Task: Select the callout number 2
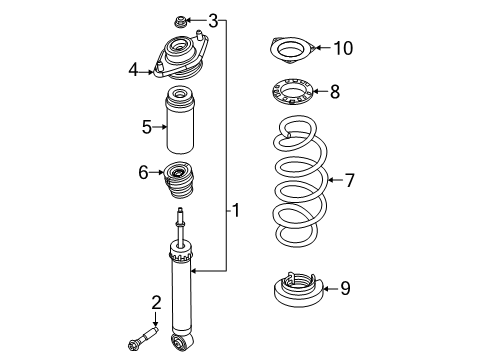[x=156, y=303]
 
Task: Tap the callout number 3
[x=213, y=19]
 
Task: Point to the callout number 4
[x=133, y=69]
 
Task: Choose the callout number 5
[x=146, y=126]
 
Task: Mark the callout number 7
[x=349, y=180]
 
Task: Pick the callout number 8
[x=334, y=92]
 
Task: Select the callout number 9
[x=345, y=289]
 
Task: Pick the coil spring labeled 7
[x=295, y=190]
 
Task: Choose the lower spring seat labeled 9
[x=296, y=291]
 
